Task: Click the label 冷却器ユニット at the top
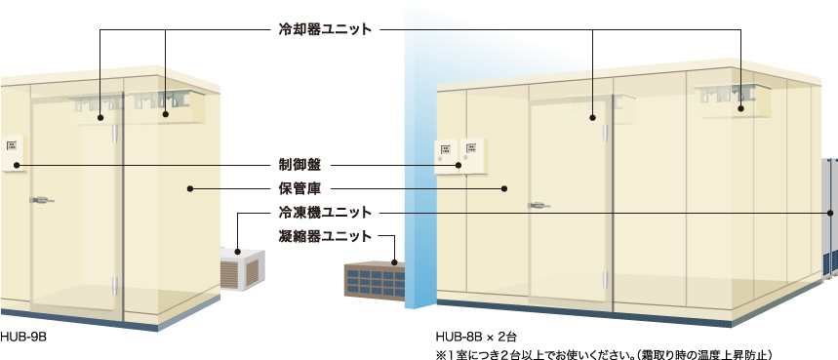[323, 29]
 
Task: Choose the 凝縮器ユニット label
[328, 236]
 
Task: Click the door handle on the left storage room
[42, 200]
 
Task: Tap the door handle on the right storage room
[537, 205]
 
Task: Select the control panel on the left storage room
[14, 151]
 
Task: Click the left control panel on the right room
[446, 154]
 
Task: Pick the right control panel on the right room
[472, 153]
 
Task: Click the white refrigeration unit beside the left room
[241, 268]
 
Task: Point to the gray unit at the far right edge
[831, 215]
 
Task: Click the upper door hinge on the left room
[115, 134]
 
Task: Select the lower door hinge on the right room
[605, 279]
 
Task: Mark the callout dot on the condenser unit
[394, 261]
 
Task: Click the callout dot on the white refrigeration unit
[237, 252]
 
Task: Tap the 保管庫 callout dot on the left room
[190, 188]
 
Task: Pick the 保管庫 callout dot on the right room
[504, 188]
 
